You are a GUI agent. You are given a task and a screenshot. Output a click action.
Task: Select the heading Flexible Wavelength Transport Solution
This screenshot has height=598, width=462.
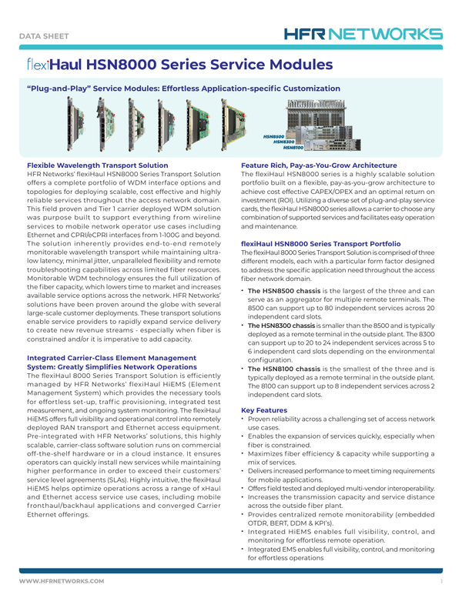(x=97, y=165)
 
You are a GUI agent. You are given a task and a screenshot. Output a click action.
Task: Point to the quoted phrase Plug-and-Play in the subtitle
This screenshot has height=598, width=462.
(x=58, y=89)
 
